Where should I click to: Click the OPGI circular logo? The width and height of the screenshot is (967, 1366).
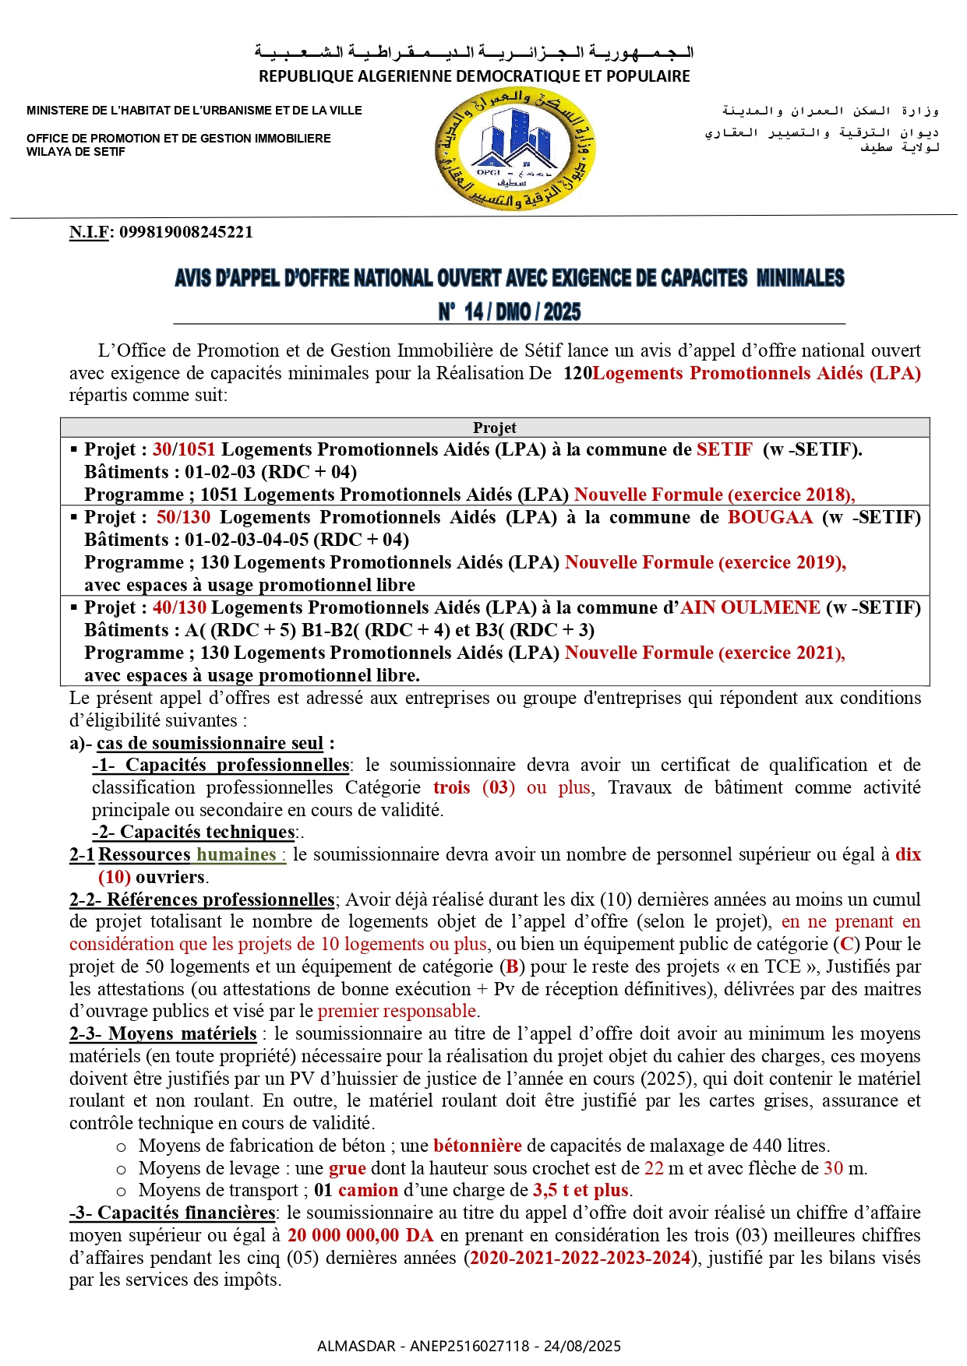515,150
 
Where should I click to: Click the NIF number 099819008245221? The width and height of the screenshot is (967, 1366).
185,232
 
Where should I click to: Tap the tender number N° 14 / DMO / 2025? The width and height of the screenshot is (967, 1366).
509,312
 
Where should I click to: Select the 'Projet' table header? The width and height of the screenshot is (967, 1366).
494,428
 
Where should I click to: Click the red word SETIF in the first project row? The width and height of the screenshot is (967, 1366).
724,449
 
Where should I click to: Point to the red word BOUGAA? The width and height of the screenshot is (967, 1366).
770,517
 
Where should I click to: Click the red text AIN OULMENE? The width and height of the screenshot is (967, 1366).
750,607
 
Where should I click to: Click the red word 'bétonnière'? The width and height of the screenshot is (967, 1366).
477,1146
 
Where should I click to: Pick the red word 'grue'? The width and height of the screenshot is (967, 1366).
347,1168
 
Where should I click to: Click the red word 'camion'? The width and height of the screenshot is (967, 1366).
368,1190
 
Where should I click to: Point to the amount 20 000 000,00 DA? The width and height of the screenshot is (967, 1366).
360,1235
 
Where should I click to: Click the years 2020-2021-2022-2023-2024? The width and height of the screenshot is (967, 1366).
581,1258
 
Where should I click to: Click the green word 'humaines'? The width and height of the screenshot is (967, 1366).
236,854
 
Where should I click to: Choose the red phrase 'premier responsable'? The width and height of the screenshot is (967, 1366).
397,1011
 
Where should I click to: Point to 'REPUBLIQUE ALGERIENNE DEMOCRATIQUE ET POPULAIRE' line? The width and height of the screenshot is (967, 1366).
474,76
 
